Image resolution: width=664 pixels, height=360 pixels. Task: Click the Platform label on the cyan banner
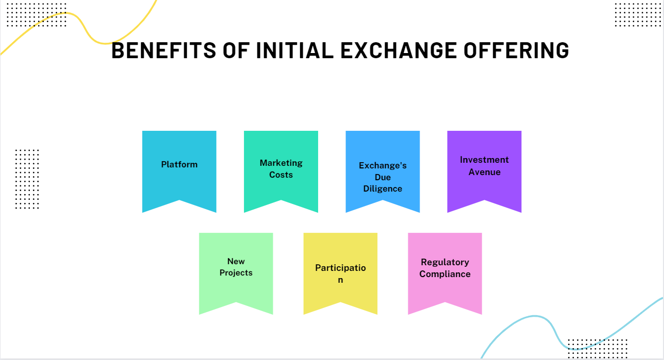click(x=179, y=165)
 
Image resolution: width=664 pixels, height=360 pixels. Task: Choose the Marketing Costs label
click(x=281, y=169)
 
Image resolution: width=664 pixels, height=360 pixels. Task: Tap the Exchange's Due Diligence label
click(x=382, y=177)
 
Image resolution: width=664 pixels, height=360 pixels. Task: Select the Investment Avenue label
click(x=484, y=166)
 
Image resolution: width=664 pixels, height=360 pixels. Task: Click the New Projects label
click(x=236, y=267)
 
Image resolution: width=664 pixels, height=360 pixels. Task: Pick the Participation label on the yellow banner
click(x=340, y=273)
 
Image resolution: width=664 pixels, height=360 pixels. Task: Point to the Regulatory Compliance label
click(x=445, y=268)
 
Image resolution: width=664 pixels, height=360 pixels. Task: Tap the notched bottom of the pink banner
click(x=445, y=307)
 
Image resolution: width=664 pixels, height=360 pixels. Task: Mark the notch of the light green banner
click(x=236, y=307)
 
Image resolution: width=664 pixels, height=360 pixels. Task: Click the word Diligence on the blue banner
click(x=382, y=188)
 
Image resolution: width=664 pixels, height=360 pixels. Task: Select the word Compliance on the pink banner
click(x=445, y=274)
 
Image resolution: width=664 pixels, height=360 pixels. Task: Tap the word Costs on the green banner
click(x=281, y=175)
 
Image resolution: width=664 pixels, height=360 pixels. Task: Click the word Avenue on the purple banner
click(x=484, y=172)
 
